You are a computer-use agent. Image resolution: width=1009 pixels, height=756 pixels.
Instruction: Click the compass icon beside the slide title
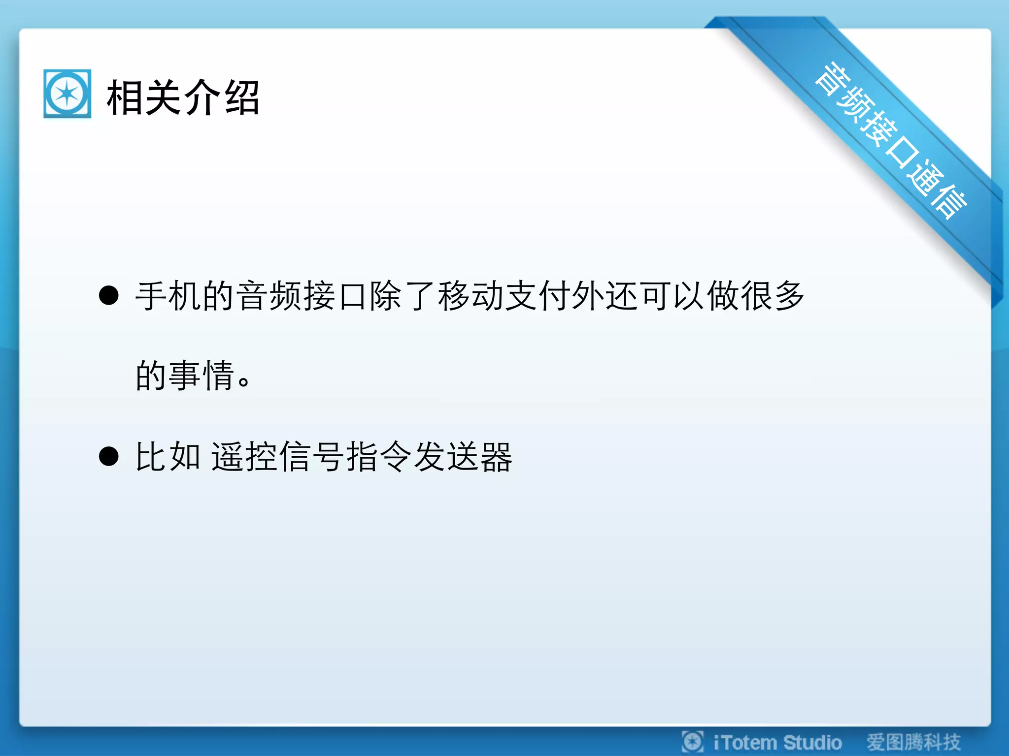point(67,94)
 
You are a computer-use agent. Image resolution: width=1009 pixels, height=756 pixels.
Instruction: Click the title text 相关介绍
point(183,97)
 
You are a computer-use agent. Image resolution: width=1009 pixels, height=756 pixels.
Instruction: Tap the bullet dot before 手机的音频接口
point(109,295)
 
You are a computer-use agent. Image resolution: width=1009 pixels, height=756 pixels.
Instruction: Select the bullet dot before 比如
point(109,456)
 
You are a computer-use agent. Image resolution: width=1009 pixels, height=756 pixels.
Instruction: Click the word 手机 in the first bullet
point(168,296)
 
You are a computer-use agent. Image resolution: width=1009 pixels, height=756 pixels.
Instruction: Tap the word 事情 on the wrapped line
point(201,375)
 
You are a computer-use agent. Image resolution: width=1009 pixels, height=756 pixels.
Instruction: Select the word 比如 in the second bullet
point(168,457)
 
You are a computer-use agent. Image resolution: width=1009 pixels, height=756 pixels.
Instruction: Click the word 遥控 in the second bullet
point(244,457)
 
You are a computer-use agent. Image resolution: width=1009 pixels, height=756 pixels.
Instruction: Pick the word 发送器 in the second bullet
point(463,457)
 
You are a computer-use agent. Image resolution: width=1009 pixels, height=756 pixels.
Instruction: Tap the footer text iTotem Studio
point(777,742)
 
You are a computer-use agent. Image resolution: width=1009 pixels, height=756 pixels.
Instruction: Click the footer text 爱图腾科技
point(914,742)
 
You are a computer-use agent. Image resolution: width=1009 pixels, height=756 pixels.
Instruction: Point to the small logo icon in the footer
point(693,742)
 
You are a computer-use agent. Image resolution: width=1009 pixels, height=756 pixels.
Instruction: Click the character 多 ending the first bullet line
point(789,296)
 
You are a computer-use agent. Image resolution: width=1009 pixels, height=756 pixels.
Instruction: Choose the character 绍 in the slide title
point(242,97)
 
